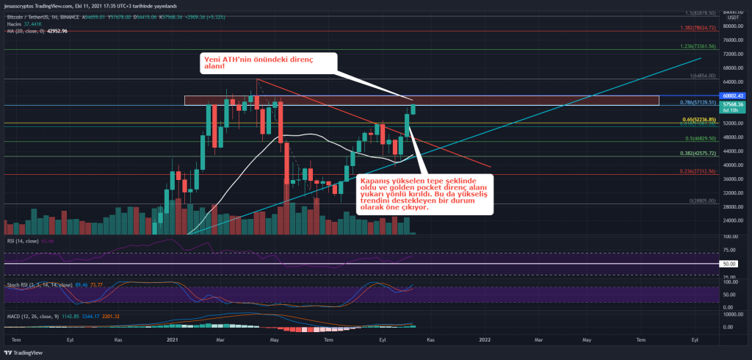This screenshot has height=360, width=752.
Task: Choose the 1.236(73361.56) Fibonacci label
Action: click(x=698, y=46)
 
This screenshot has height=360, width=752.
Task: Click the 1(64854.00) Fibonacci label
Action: click(x=702, y=75)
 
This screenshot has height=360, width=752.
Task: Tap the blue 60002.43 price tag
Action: click(x=733, y=96)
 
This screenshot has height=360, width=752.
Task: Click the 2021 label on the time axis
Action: click(x=173, y=340)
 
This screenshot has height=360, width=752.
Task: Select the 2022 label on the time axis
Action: click(x=485, y=340)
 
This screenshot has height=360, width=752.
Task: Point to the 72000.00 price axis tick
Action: click(x=732, y=54)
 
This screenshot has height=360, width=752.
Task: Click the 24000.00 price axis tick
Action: click(x=732, y=220)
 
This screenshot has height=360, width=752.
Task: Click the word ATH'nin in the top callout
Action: click(x=242, y=59)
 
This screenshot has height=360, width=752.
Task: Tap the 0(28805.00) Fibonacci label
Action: click(x=704, y=201)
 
